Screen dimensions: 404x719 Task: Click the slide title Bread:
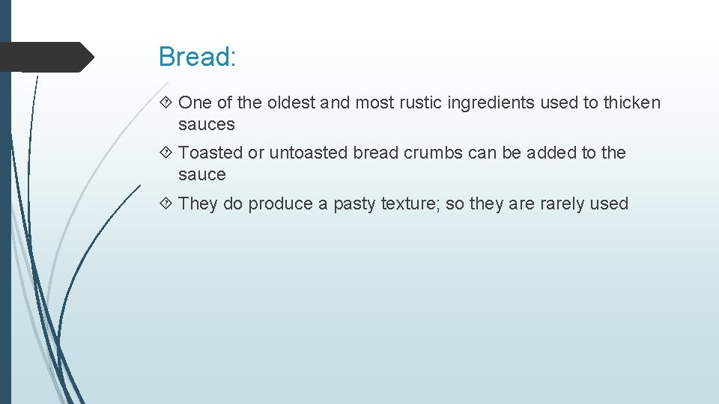tap(197, 57)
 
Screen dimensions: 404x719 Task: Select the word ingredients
tap(491, 103)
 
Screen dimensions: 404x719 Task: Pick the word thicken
tap(632, 102)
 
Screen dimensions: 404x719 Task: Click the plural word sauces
tap(206, 125)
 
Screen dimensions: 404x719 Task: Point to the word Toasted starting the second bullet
tap(210, 153)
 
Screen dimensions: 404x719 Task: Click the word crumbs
tap(434, 153)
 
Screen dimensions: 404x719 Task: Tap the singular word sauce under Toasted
tap(201, 175)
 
